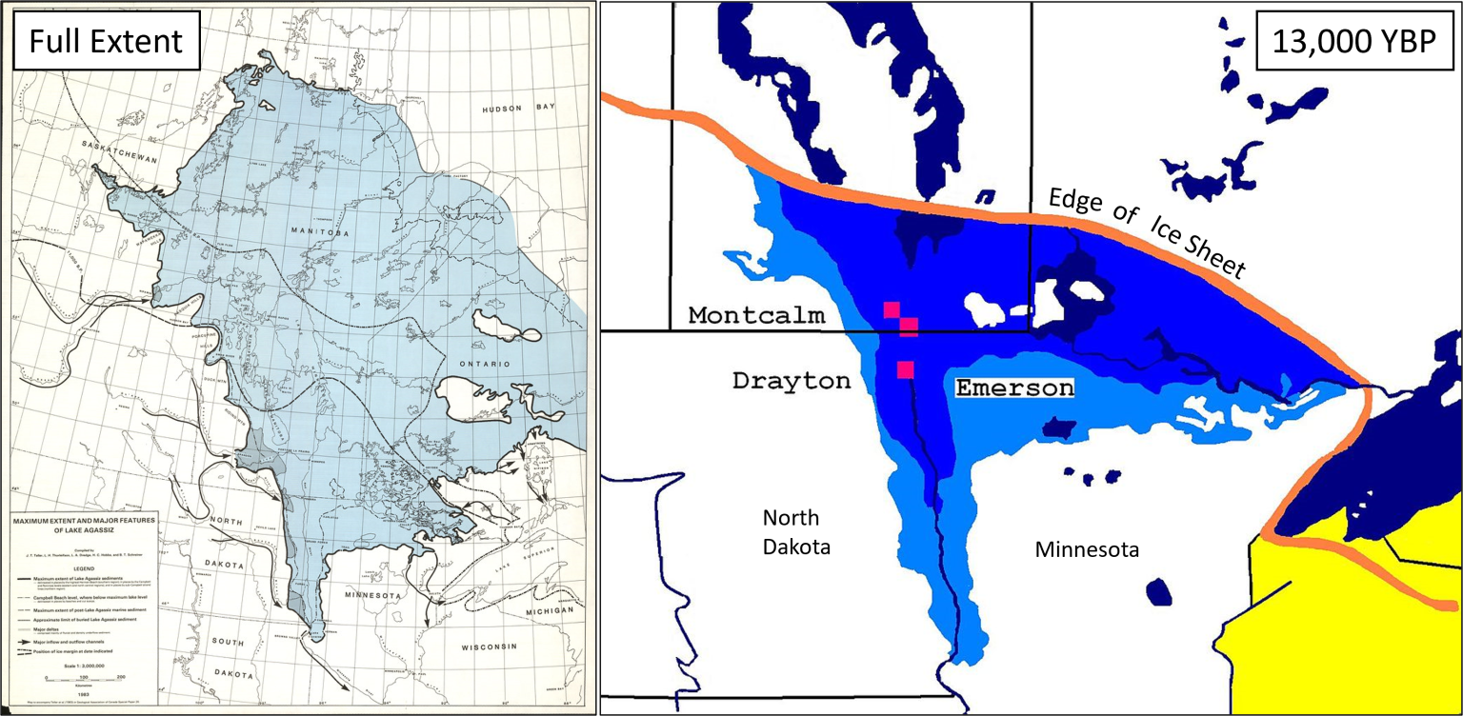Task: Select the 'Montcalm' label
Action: pos(756,316)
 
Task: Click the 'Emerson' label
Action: pos(1014,388)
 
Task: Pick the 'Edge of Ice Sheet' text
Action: pos(1148,231)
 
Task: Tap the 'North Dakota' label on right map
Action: pos(797,532)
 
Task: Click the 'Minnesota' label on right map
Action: pos(1087,549)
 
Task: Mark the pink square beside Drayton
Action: pos(905,368)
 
